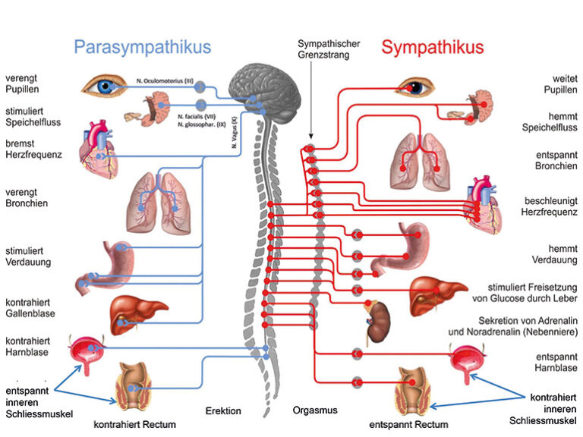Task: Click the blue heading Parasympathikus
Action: pyautogui.click(x=142, y=47)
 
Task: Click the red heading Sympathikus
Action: pyautogui.click(x=432, y=47)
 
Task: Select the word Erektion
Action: pyautogui.click(x=223, y=411)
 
